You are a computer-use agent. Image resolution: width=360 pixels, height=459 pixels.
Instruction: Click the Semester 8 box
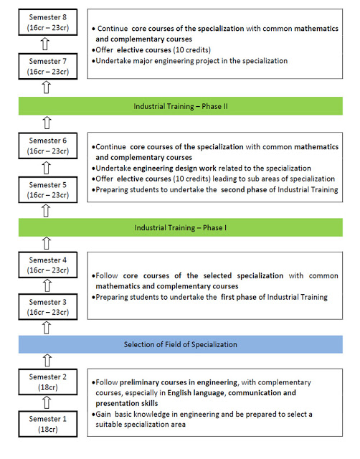click(x=48, y=22)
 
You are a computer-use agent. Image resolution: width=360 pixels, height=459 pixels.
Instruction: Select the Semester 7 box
click(x=48, y=66)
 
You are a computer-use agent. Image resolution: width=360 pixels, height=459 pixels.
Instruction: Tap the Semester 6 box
click(x=48, y=146)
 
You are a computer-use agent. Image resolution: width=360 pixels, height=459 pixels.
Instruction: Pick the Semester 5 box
click(x=48, y=189)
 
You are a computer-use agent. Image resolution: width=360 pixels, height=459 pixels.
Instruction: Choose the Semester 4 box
click(x=48, y=265)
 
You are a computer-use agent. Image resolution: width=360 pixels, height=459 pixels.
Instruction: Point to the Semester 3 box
click(x=48, y=307)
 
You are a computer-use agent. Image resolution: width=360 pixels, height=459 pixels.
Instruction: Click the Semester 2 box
click(x=48, y=382)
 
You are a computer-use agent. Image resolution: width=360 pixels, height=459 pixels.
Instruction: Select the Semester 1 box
click(x=48, y=424)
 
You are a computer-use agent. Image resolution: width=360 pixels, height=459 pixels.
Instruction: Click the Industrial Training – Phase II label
click(x=181, y=106)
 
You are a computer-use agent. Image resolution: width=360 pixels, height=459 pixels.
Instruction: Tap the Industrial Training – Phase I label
click(x=181, y=228)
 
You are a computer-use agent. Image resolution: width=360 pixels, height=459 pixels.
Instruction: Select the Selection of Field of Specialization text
click(x=180, y=344)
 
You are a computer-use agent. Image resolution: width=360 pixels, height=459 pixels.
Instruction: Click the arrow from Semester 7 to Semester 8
click(x=45, y=44)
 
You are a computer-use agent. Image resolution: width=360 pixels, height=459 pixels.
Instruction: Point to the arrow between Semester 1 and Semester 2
click(x=47, y=402)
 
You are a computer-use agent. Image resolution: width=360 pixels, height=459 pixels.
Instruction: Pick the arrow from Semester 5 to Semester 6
click(x=46, y=168)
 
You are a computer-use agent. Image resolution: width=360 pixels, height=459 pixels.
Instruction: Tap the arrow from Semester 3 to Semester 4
click(x=47, y=285)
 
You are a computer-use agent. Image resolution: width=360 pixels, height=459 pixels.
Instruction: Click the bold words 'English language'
click(x=196, y=393)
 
